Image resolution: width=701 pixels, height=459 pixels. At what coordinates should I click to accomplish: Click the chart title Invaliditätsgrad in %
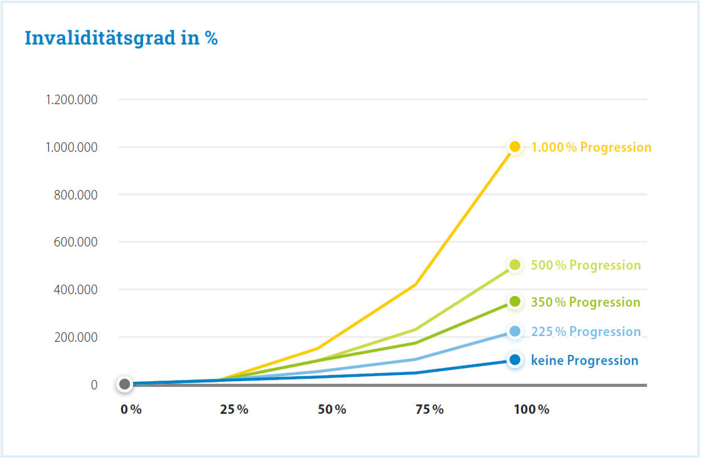point(121,38)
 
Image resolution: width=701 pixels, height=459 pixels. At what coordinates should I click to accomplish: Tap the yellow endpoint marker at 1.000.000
point(515,147)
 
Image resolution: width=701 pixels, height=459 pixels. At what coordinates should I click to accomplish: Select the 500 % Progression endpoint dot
point(515,265)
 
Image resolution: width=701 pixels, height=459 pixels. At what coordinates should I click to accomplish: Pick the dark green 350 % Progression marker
point(515,302)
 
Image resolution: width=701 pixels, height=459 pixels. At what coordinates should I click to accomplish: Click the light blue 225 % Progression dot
point(515,331)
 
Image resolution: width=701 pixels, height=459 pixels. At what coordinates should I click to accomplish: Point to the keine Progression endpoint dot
point(515,360)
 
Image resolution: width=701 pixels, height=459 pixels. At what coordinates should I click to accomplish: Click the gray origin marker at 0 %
point(124,384)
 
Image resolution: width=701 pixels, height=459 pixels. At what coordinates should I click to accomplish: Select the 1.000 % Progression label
point(591,147)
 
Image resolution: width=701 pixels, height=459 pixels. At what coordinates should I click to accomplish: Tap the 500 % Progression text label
point(586,265)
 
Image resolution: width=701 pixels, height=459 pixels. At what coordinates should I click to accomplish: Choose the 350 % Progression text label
point(586,302)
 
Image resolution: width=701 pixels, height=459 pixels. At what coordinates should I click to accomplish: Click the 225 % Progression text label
point(586,332)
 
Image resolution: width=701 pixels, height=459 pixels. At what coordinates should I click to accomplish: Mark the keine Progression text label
point(584,361)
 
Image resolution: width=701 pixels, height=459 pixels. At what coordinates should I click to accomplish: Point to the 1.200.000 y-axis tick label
point(72,100)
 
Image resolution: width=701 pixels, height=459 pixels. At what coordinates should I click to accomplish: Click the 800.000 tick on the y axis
point(75,195)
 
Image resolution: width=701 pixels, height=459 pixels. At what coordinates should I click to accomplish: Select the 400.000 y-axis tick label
point(75,290)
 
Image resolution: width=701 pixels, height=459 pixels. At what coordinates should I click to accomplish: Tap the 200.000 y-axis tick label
point(75,337)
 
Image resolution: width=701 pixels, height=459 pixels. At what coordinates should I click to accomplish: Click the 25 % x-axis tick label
point(234,409)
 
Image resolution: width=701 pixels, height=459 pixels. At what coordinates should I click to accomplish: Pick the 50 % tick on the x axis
point(332,409)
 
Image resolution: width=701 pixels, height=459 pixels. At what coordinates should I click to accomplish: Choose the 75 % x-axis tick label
point(429,409)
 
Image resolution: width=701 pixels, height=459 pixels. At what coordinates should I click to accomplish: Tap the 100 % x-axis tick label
point(532,409)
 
